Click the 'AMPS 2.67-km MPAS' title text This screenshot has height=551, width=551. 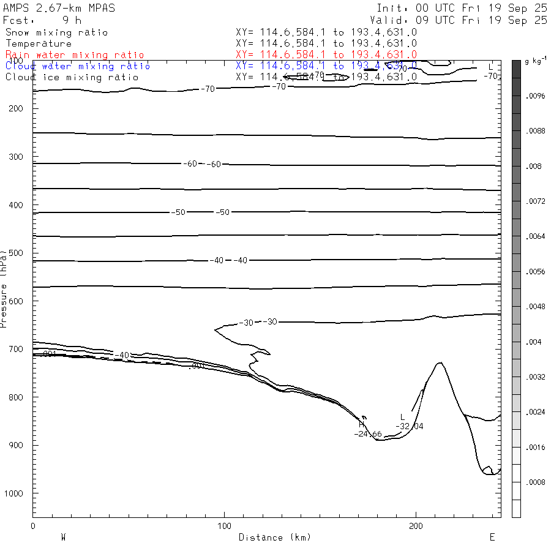click(59, 8)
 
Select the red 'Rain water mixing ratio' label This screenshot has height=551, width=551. click(75, 55)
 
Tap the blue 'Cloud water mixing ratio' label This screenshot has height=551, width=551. click(78, 66)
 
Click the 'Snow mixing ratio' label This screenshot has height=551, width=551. click(56, 32)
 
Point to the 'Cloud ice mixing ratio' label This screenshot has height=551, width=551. click(72, 77)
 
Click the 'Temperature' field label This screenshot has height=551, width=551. click(39, 43)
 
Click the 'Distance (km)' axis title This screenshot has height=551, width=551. click(274, 538)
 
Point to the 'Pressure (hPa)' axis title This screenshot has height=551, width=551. click(4, 288)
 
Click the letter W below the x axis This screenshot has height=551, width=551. click(63, 538)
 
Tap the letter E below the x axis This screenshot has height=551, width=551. click(492, 538)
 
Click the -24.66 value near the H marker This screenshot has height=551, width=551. click(368, 434)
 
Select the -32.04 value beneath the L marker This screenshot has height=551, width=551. click(410, 426)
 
